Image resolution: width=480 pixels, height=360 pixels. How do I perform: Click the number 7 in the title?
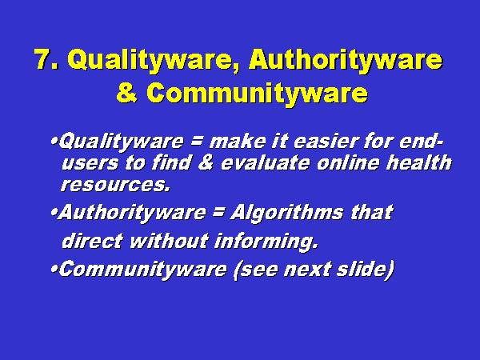(x=43, y=59)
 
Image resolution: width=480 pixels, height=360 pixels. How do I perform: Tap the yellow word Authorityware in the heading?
(x=346, y=61)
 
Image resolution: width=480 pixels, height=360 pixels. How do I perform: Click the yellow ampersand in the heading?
(x=126, y=93)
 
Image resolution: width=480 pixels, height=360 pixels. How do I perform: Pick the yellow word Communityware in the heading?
(x=257, y=94)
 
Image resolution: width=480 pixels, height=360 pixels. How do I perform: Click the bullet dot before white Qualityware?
(x=54, y=142)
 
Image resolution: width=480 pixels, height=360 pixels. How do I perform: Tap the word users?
(x=90, y=164)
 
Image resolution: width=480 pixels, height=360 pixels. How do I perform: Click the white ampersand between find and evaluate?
(x=206, y=162)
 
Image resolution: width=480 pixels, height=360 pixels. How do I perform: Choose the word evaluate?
(x=265, y=162)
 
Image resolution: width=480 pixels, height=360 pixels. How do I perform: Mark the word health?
(x=419, y=162)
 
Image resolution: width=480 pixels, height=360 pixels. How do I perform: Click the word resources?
(x=114, y=185)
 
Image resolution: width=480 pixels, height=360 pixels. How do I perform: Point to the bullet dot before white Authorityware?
(x=54, y=212)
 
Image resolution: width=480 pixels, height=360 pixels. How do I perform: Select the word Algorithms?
(x=286, y=213)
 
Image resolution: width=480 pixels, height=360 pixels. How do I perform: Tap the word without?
(x=170, y=241)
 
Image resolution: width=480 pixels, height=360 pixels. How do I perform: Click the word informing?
(x=266, y=242)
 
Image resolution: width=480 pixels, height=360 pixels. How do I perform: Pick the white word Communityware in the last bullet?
(x=142, y=270)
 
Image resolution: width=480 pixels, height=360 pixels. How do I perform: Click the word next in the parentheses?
(x=307, y=270)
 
